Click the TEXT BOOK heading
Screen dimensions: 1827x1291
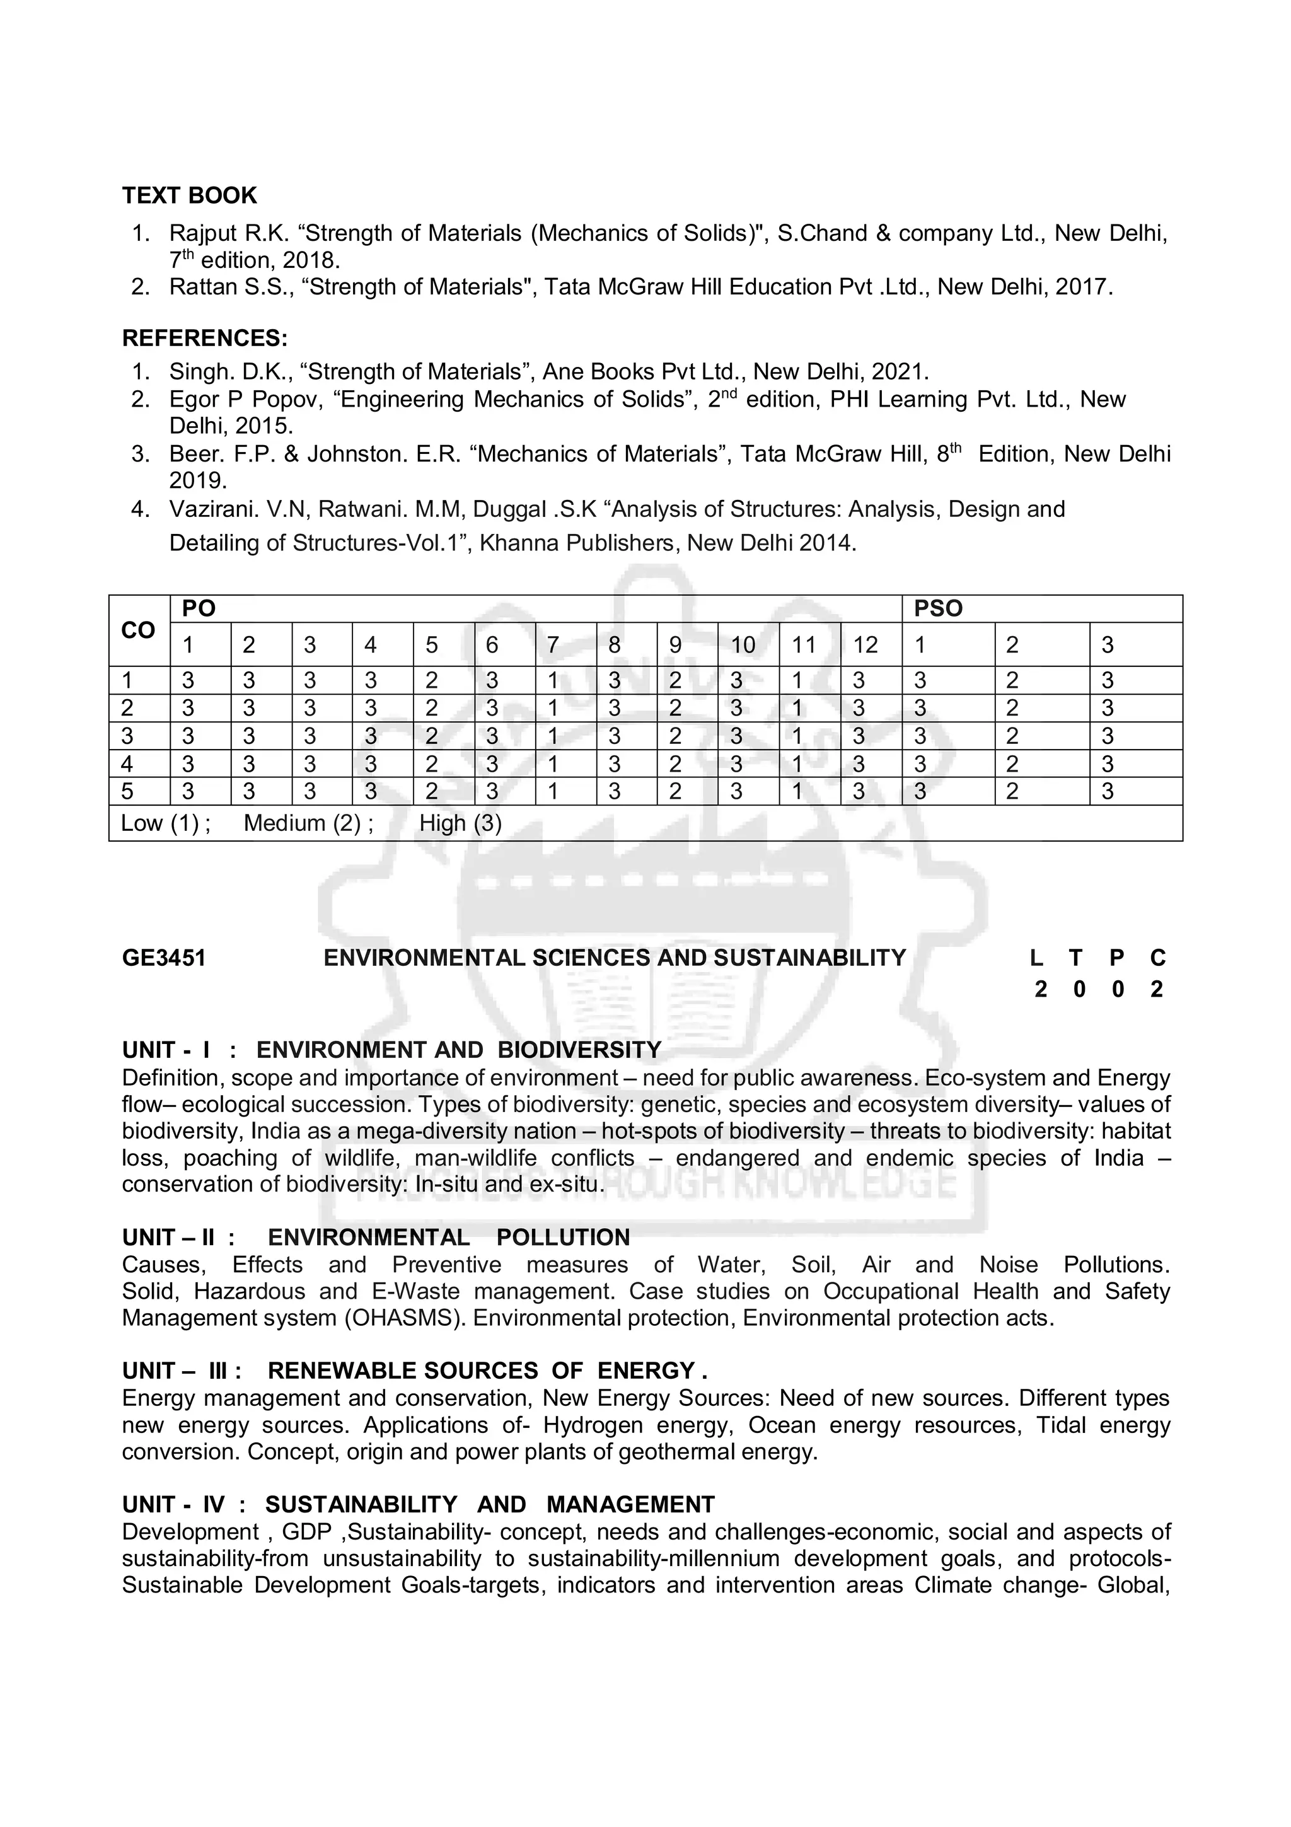tap(189, 195)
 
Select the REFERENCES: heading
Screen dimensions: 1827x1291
tap(204, 338)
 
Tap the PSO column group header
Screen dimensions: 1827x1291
tap(938, 609)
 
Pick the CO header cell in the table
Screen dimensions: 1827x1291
tap(139, 630)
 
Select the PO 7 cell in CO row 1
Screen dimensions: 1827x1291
tap(553, 680)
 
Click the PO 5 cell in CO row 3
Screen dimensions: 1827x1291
tap(431, 736)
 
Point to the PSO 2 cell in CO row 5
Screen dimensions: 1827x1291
tap(1012, 791)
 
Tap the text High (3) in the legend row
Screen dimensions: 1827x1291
tap(461, 823)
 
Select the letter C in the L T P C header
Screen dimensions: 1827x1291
tap(1157, 958)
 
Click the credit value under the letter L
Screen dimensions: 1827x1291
tap(1039, 989)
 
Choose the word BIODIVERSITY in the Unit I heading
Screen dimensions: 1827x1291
tap(579, 1050)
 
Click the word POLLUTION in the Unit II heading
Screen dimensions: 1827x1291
tap(562, 1238)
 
